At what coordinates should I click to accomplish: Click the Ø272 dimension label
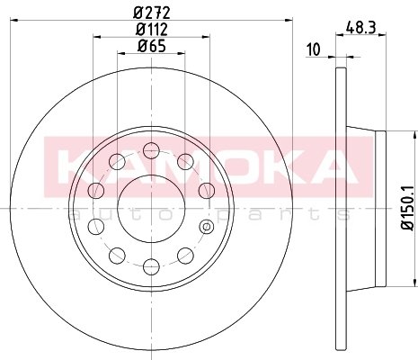point(152,13)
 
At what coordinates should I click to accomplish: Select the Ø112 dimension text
point(152,30)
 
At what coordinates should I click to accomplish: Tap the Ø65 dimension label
point(152,46)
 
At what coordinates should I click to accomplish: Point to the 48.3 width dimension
point(360,28)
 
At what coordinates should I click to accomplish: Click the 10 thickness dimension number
point(314,49)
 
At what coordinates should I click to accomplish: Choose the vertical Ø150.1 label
point(408,208)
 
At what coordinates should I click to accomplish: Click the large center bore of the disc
point(151,208)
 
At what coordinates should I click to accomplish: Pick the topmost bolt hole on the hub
point(151,150)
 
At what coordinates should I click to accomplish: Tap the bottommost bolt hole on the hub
point(151,266)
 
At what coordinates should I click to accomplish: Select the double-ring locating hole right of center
point(207,227)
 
